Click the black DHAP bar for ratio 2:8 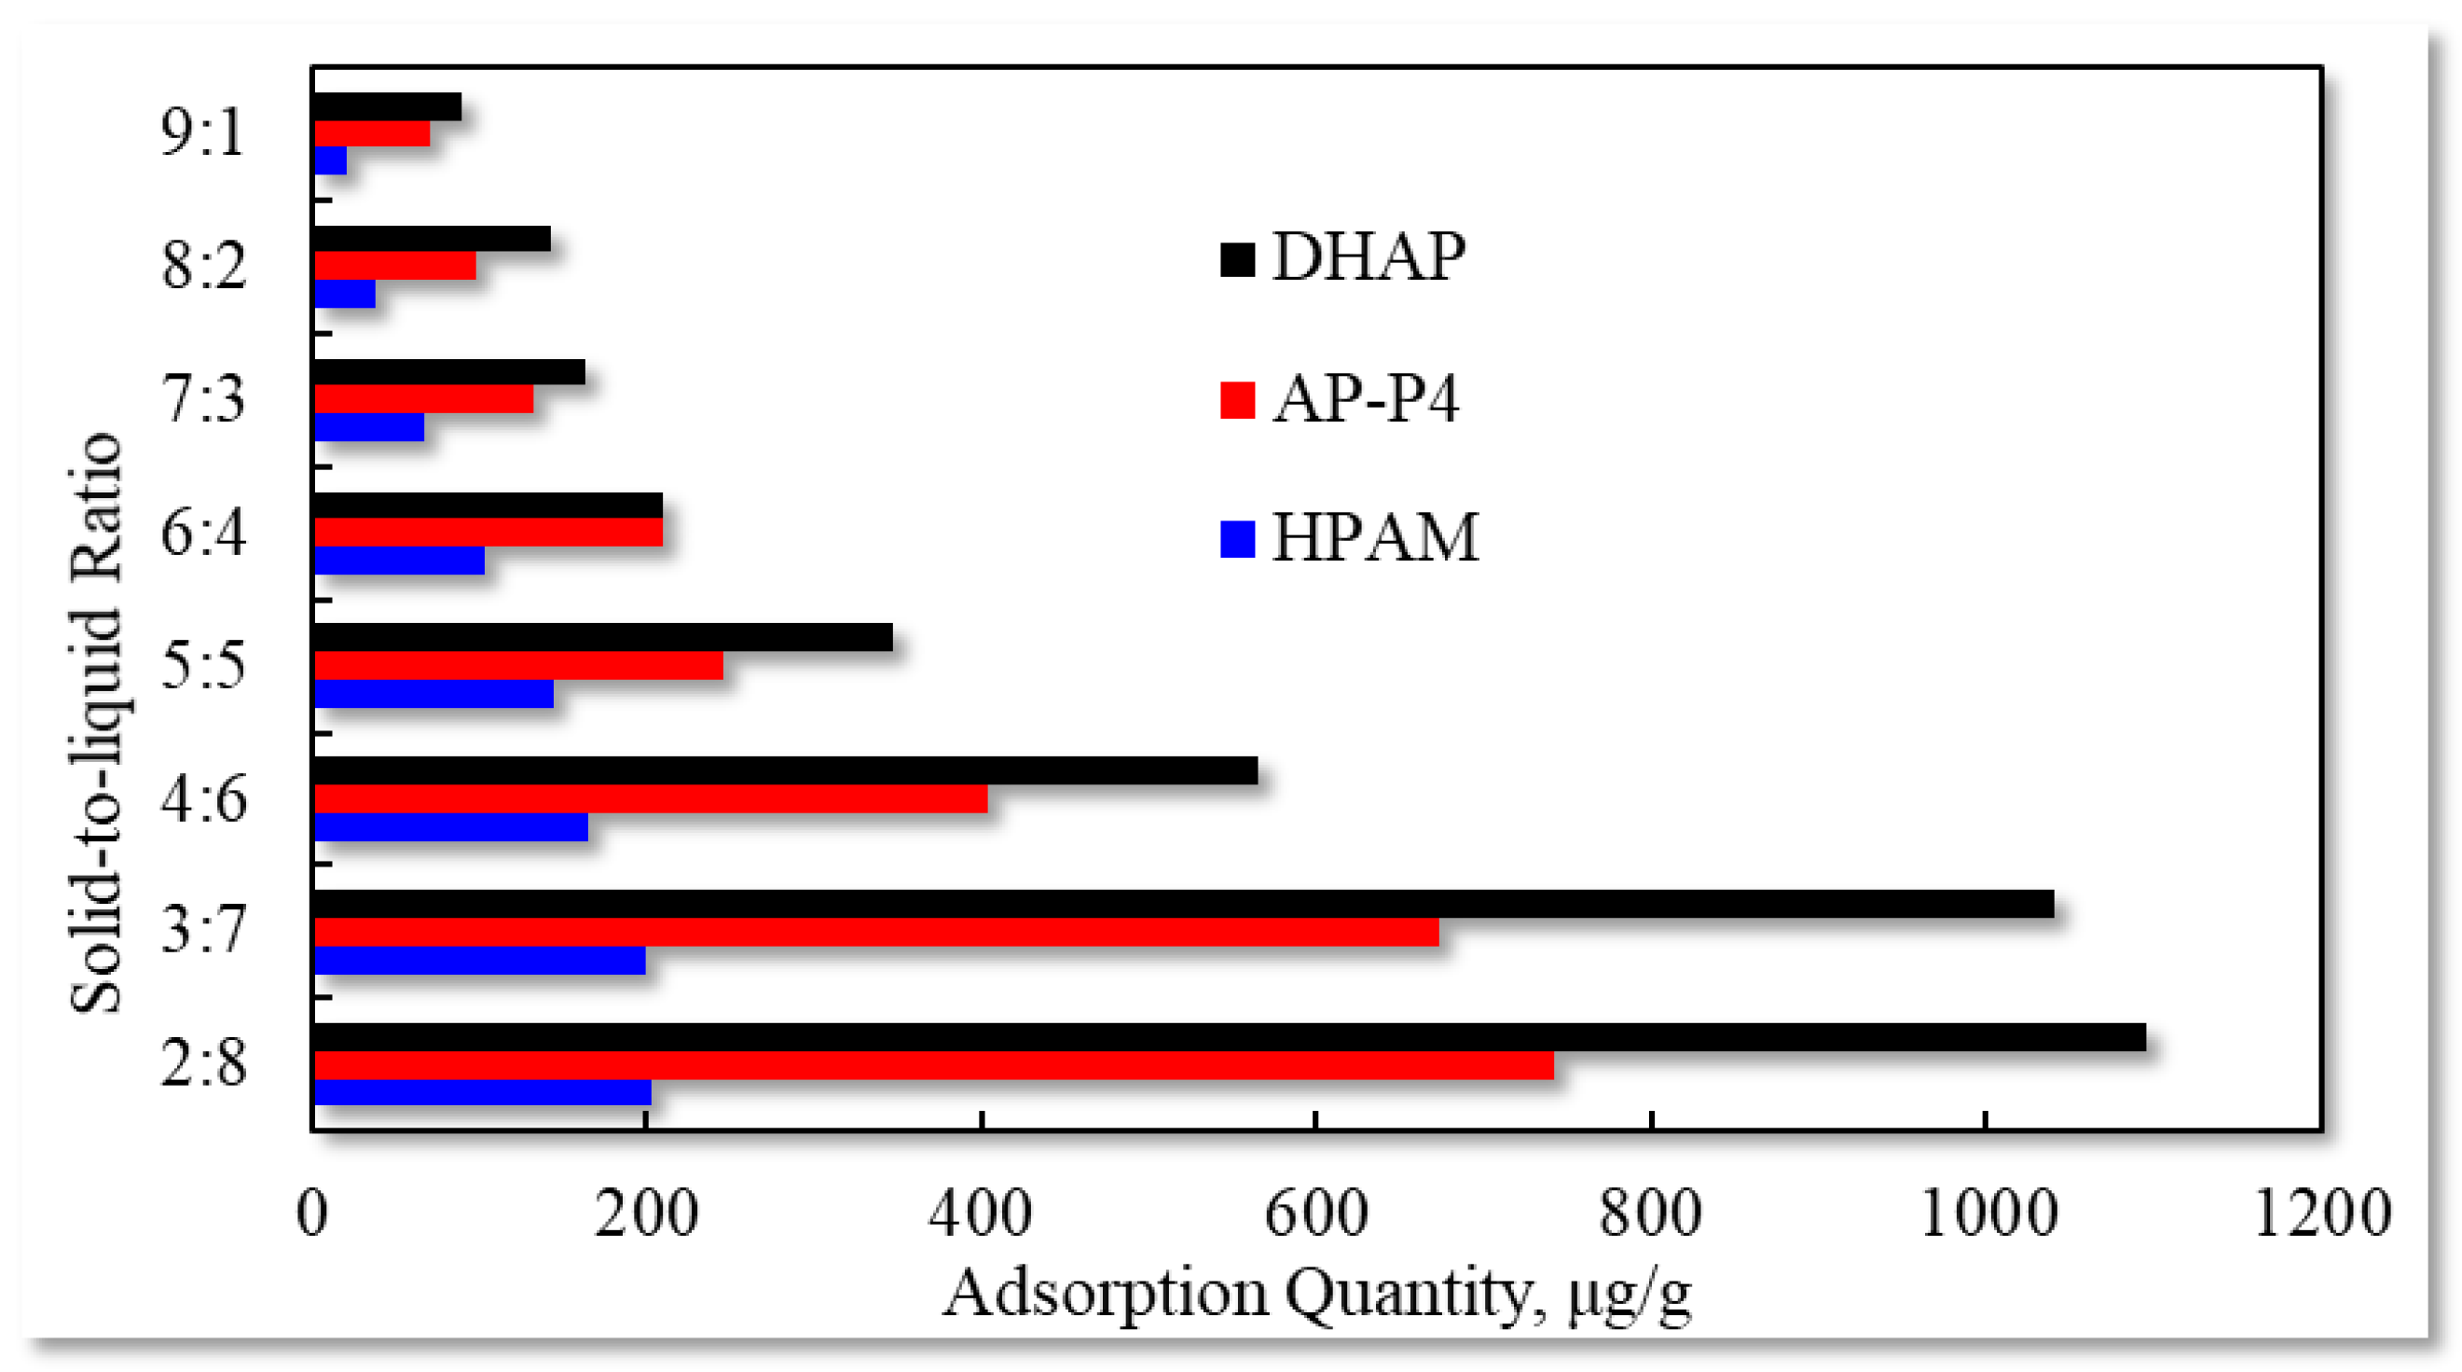click(x=1228, y=1036)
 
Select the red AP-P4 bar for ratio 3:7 click(x=875, y=931)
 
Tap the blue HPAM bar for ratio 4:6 click(x=450, y=827)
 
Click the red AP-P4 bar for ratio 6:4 click(x=488, y=532)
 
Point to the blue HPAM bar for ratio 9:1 click(x=330, y=160)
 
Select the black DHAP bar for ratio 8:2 click(x=432, y=238)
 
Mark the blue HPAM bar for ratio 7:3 click(x=369, y=426)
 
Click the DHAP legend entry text click(x=1368, y=257)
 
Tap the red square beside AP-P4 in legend click(x=1237, y=399)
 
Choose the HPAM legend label click(x=1374, y=537)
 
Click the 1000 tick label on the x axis click(x=1987, y=1213)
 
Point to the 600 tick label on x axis click(x=1316, y=1213)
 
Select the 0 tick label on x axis click(x=312, y=1213)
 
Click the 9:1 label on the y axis click(x=202, y=132)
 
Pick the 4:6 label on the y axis click(x=202, y=798)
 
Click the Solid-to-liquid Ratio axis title click(x=96, y=722)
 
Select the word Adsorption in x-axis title click(x=1106, y=1294)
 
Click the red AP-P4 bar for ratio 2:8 click(x=933, y=1064)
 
